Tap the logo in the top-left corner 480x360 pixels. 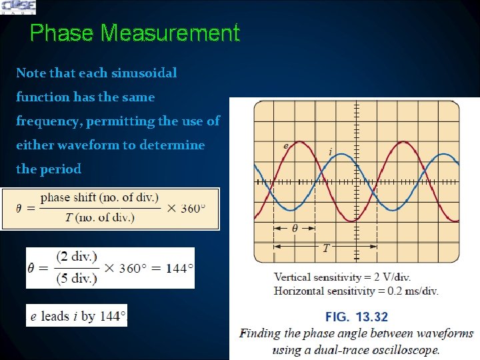click(x=19, y=7)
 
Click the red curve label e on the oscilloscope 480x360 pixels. click(x=286, y=145)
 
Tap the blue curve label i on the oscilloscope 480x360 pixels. click(x=331, y=152)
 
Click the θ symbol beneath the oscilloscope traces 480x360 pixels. click(x=295, y=228)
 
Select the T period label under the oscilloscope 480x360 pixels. click(x=325, y=248)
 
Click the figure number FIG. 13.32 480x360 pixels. click(x=356, y=317)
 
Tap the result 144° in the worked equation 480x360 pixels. click(x=179, y=268)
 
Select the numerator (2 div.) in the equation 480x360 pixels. click(x=77, y=257)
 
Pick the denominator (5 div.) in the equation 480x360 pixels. click(x=77, y=278)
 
